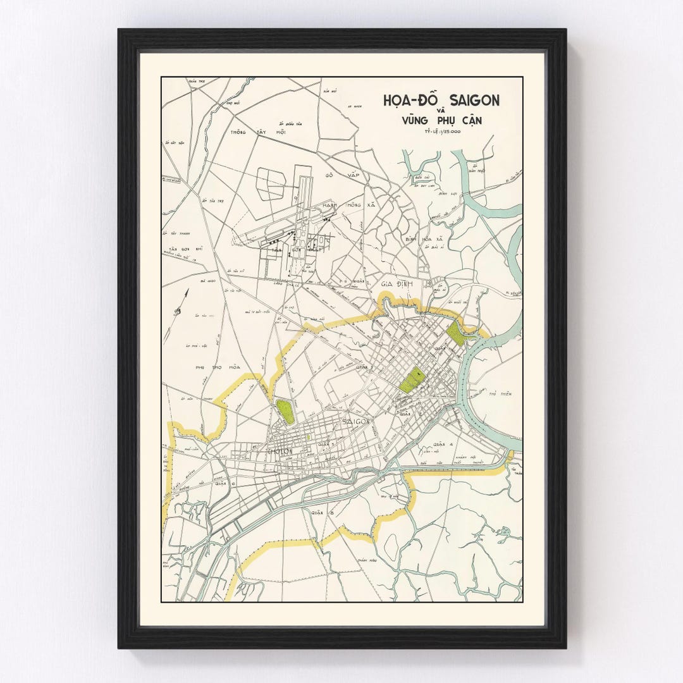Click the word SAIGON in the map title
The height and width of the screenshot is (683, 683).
click(x=474, y=100)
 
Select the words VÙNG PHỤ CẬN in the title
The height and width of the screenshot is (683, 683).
click(x=441, y=120)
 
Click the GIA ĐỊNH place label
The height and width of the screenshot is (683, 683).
click(x=397, y=284)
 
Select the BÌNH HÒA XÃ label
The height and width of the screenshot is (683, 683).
click(x=427, y=240)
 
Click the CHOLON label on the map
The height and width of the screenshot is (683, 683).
click(x=279, y=453)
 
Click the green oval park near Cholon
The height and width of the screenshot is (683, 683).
click(x=285, y=412)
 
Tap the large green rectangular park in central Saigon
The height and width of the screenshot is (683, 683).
click(x=411, y=379)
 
